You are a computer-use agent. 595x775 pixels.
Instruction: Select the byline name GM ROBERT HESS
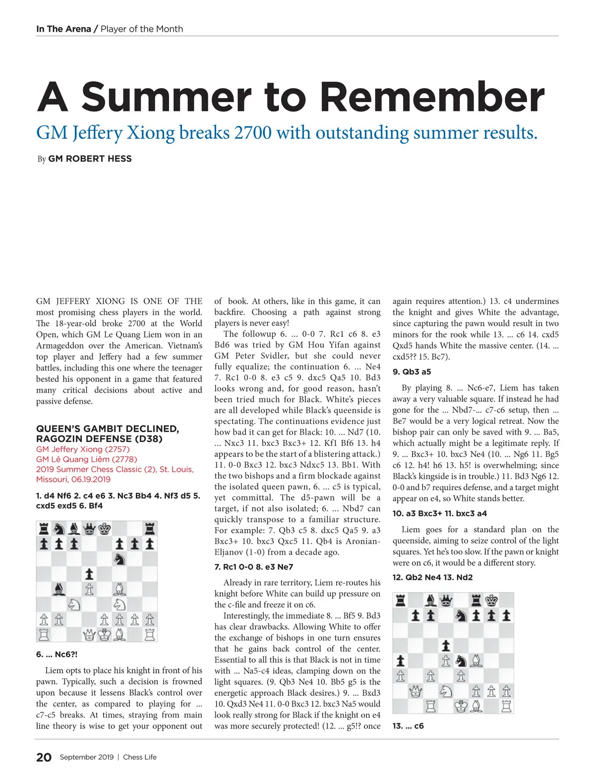click(x=90, y=159)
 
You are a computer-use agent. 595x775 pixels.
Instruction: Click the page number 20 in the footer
click(x=44, y=757)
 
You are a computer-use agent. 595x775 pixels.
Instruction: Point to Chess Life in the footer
click(x=140, y=757)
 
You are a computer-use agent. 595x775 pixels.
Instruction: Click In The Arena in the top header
click(x=63, y=29)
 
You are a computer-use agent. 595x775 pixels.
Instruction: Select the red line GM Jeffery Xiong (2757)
click(x=83, y=449)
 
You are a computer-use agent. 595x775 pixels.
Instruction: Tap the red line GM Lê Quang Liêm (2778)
click(x=86, y=459)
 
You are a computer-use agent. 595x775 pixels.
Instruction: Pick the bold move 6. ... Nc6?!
click(x=57, y=654)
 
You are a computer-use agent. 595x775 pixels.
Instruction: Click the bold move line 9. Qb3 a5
click(x=412, y=372)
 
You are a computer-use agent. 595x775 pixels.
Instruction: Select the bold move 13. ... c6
click(x=408, y=726)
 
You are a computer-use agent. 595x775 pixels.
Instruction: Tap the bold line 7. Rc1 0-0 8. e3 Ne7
click(x=253, y=566)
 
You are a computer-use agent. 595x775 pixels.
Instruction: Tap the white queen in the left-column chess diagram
click(x=89, y=635)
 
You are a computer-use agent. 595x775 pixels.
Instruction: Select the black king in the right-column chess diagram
click(x=491, y=601)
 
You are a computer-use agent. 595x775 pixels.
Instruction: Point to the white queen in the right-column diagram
click(x=416, y=691)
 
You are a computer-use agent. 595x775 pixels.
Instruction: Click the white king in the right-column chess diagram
click(x=461, y=707)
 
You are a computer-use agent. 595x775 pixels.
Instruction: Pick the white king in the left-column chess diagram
click(x=104, y=635)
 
